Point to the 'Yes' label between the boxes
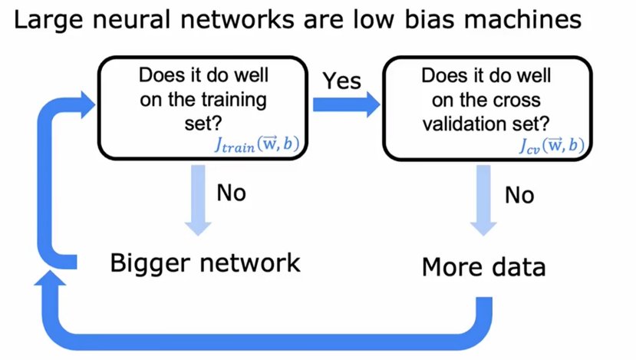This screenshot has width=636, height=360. (x=341, y=81)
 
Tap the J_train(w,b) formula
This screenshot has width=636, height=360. (x=257, y=144)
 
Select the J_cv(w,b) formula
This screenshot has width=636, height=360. (x=552, y=145)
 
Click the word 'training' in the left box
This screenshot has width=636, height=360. (x=234, y=100)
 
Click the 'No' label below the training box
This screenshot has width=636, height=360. (x=231, y=193)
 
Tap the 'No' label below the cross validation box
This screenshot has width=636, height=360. (x=519, y=195)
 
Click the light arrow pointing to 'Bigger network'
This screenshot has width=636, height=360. (x=198, y=200)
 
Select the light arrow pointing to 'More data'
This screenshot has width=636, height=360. (x=483, y=200)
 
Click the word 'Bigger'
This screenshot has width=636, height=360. (x=150, y=264)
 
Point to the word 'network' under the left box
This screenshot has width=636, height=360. (x=250, y=263)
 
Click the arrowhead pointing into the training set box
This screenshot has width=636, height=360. (x=87, y=104)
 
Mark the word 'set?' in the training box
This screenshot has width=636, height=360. (x=203, y=124)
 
